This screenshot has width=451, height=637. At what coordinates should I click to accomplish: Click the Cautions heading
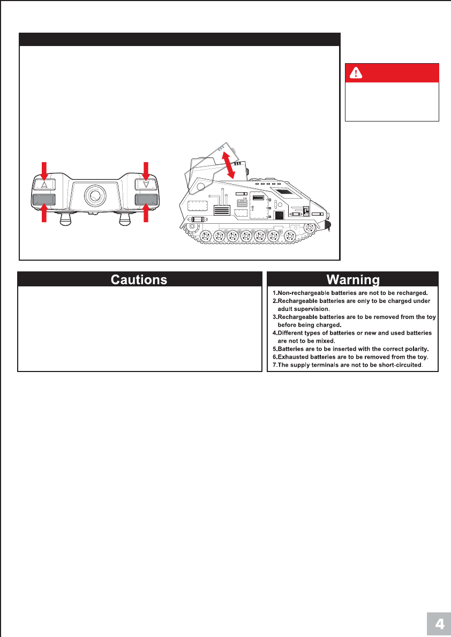coord(139,279)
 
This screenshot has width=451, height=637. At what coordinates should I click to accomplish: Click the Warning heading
coord(353,279)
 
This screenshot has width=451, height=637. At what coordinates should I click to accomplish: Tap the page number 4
coord(439,624)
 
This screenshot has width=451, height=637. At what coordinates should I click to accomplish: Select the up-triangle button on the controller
coord(44,185)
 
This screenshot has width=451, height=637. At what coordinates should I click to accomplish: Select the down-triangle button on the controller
coord(146,185)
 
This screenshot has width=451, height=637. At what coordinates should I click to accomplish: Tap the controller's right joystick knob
coord(125,219)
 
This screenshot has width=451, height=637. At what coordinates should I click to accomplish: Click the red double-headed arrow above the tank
coord(229,165)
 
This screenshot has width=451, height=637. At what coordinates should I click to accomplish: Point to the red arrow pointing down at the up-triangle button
coord(44,169)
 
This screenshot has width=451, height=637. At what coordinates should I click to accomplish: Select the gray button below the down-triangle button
coord(146,200)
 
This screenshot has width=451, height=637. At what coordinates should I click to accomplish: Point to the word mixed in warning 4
coord(325,340)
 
